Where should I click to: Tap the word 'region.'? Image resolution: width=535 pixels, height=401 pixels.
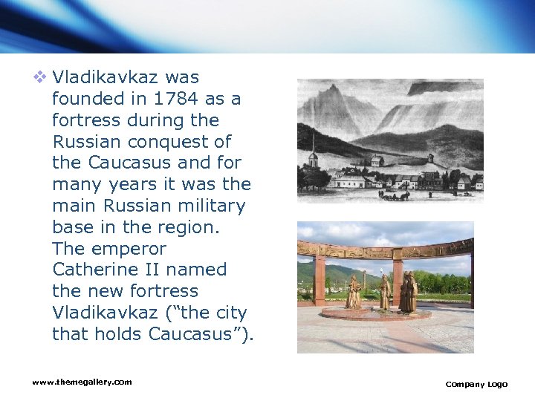click(186, 226)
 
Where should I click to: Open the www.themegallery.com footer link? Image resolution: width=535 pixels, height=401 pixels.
click(82, 382)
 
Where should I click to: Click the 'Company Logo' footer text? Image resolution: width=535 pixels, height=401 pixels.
click(476, 384)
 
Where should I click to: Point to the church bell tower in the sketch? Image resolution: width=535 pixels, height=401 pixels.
click(313, 154)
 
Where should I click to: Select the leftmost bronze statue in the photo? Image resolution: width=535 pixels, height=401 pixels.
click(354, 293)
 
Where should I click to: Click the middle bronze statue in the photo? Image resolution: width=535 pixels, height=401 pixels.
click(384, 292)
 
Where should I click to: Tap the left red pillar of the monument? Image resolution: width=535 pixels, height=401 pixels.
click(319, 279)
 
